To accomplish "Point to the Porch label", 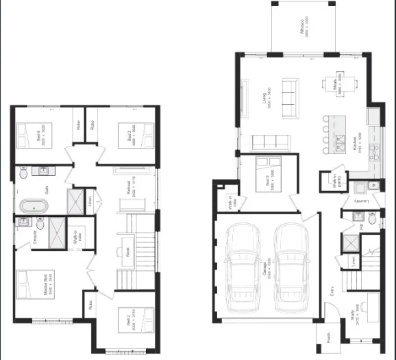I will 325,341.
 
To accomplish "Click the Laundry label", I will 362,202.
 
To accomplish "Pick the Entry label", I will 332,290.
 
